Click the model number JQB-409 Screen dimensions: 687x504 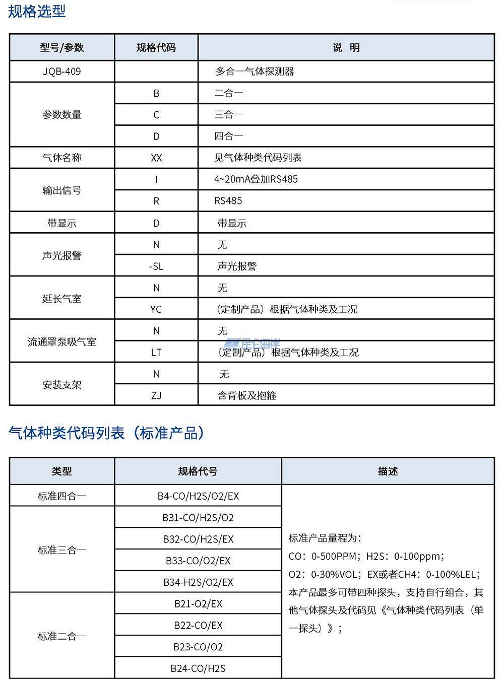[x=62, y=72]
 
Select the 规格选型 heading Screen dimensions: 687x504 [x=37, y=11]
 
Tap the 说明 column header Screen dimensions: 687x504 [x=346, y=48]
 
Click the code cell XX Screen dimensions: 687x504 [x=156, y=158]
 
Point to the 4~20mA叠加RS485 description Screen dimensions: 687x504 [x=256, y=179]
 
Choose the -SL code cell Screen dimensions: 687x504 [x=156, y=266]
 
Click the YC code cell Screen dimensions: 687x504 [x=156, y=309]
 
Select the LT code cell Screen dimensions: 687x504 [x=156, y=353]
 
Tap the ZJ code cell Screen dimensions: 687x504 [x=156, y=395]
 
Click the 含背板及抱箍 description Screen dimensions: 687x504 [x=247, y=395]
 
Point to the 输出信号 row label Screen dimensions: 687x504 [x=62, y=190]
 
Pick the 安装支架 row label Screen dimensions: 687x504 [x=62, y=385]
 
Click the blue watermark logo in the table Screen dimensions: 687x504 [x=252, y=344]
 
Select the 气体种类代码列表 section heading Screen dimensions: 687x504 [x=106, y=433]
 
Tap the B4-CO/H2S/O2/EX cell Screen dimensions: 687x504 [x=198, y=496]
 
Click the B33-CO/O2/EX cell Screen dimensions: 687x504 [x=198, y=561]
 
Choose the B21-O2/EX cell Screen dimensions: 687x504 [x=198, y=604]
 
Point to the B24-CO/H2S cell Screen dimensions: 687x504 [x=198, y=668]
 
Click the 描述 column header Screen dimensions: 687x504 [x=388, y=471]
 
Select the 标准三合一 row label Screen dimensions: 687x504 [x=62, y=550]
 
